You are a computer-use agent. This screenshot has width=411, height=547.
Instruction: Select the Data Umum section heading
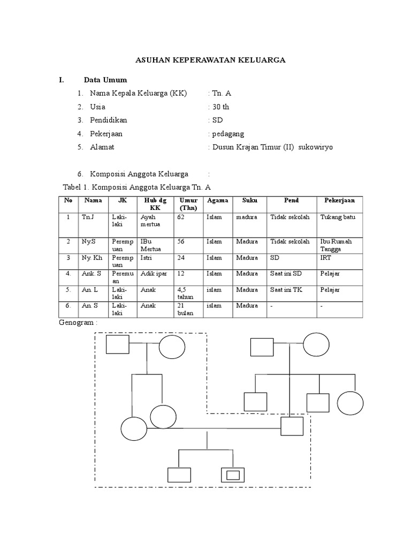click(x=105, y=80)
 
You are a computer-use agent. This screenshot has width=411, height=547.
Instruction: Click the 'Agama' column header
click(x=217, y=201)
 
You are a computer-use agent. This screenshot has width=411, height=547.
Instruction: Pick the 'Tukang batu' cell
click(x=337, y=217)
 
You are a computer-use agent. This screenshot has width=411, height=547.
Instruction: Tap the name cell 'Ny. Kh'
click(x=92, y=258)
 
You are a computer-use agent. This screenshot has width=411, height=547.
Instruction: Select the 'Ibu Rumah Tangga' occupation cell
click(x=336, y=245)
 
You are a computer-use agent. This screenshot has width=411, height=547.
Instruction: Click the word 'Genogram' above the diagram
click(x=75, y=324)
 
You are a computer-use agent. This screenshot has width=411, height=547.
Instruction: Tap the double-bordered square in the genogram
click(x=232, y=474)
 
